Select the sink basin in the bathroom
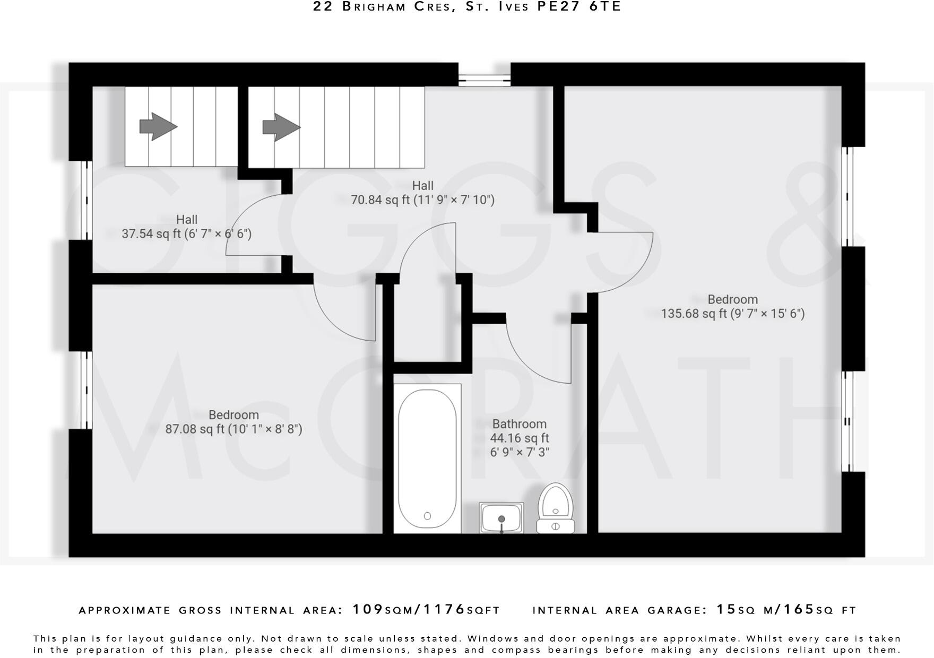[501, 518]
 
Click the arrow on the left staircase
[158, 126]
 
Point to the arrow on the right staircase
[281, 127]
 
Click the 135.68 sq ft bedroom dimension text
[732, 314]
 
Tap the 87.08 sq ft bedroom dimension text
[233, 429]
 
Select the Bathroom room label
[519, 424]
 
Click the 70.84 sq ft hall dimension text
[422, 200]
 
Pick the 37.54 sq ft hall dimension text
[186, 233]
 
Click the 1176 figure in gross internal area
[444, 609]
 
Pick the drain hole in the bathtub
[428, 515]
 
